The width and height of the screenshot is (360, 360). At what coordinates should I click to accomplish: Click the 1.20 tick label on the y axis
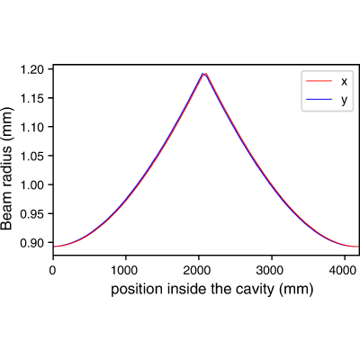[31, 69]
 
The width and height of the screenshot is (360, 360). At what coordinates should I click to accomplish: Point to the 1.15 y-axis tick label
[31, 98]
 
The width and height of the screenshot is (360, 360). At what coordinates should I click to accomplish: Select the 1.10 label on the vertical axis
[31, 127]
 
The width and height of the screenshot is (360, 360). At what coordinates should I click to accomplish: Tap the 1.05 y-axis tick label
[31, 156]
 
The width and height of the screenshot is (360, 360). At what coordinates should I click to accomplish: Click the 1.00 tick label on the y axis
[31, 184]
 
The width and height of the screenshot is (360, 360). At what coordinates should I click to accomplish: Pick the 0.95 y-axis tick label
[31, 213]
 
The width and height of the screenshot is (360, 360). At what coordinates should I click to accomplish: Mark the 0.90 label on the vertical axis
[31, 242]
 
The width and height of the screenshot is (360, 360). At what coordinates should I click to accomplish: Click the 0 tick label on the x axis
[53, 270]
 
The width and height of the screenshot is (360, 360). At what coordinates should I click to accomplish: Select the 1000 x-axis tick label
[126, 270]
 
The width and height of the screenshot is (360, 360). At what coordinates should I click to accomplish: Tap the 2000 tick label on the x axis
[199, 270]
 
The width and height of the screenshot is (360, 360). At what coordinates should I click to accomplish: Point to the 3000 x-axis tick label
[272, 270]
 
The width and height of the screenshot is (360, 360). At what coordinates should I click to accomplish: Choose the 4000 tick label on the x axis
[345, 270]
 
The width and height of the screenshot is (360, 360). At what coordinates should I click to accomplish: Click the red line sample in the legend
[319, 81]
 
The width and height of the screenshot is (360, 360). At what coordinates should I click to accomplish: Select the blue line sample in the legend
[319, 99]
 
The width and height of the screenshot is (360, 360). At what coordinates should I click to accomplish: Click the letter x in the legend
[344, 81]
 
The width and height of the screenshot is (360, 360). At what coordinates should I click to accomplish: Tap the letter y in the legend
[344, 101]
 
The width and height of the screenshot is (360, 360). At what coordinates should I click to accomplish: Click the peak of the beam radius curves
[204, 74]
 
